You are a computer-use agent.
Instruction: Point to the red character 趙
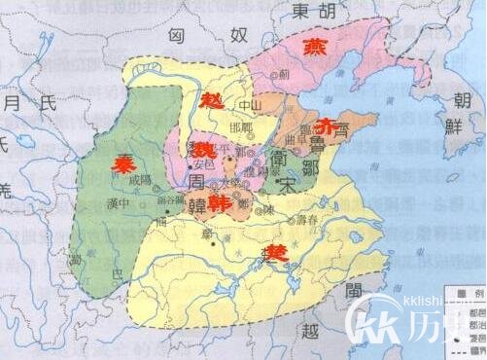[211, 100]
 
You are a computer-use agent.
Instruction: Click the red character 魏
[204, 150]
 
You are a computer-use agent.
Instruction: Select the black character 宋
[285, 182]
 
